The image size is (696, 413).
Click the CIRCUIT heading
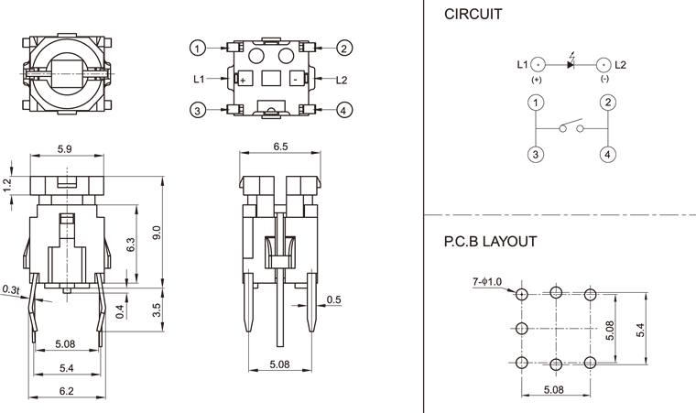(x=473, y=15)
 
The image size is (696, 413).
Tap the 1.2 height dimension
(x=7, y=184)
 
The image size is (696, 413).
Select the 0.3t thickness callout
(x=12, y=289)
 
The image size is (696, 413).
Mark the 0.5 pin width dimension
(x=333, y=300)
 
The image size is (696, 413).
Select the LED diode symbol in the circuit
(x=571, y=63)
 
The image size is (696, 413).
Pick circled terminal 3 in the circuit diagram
(x=535, y=154)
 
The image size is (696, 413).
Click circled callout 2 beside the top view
(x=344, y=48)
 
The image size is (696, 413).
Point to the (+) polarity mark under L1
(x=537, y=81)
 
